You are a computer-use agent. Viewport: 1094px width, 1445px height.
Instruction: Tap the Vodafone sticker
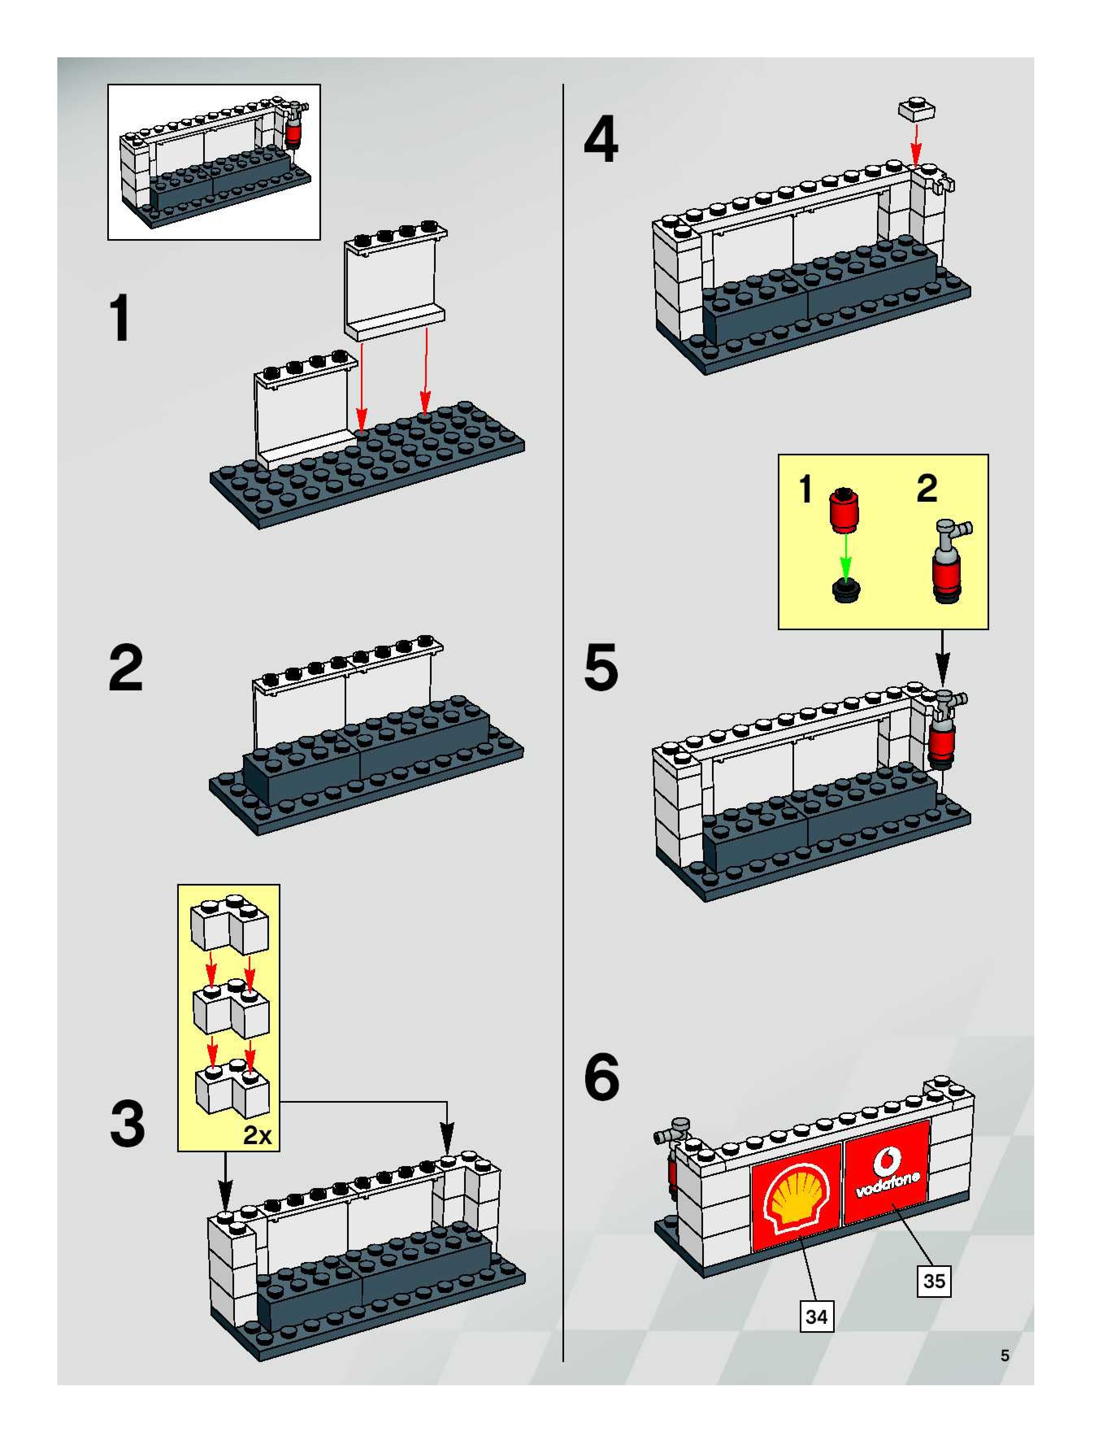pyautogui.click(x=887, y=1174)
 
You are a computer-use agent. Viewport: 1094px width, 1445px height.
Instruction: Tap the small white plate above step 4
pyautogui.click(x=916, y=109)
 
